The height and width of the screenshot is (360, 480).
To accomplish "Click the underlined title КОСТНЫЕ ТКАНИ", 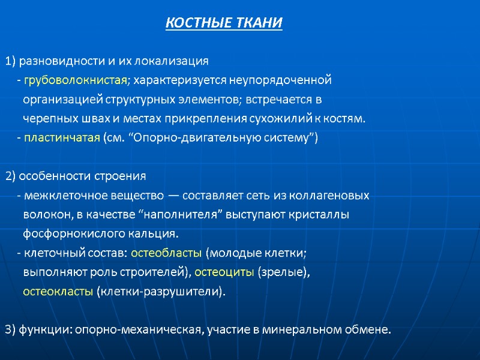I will click(x=223, y=23).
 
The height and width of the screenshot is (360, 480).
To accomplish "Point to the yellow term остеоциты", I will click(x=224, y=272).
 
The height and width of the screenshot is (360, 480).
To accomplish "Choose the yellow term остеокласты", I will click(x=58, y=292).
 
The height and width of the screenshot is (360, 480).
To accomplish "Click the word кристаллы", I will click(x=324, y=215).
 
